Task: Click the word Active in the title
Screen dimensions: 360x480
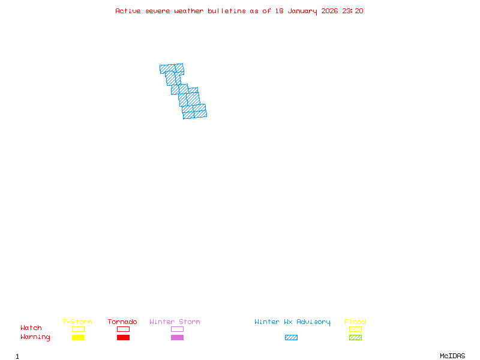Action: point(128,11)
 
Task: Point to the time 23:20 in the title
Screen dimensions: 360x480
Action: point(353,11)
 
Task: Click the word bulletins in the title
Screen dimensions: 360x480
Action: point(226,11)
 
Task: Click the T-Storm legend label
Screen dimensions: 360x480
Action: point(77,322)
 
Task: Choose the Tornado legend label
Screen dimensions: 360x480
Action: point(122,322)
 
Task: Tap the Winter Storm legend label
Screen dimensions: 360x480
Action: point(175,322)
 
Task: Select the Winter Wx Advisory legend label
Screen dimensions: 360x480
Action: point(292,322)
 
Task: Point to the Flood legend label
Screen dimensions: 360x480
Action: point(355,322)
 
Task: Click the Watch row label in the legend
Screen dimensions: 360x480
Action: point(31,328)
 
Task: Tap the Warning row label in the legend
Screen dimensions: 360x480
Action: point(35,337)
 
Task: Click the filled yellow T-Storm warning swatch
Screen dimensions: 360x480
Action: point(78,338)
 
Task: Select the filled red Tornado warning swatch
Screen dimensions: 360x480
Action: point(123,338)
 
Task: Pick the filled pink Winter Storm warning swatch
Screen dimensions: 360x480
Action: point(177,338)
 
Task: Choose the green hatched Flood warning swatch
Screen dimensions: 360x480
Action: point(355,338)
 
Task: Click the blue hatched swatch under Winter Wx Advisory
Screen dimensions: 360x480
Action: point(291,338)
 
